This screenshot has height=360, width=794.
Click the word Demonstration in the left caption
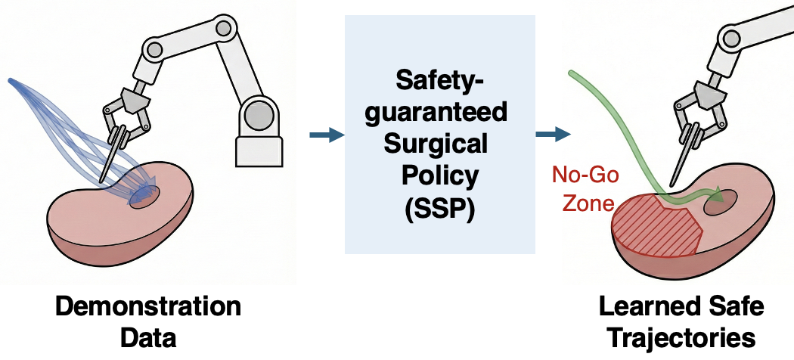click(148, 308)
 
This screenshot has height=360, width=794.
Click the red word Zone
click(585, 203)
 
